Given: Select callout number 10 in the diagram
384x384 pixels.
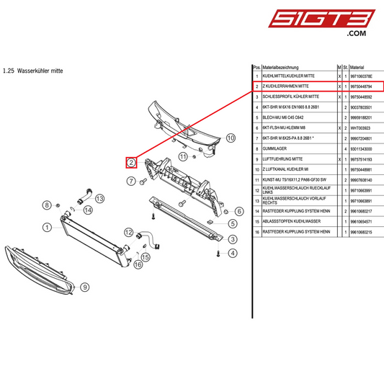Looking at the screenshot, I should [231, 137].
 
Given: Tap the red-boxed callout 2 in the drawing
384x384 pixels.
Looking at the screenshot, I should [131, 162].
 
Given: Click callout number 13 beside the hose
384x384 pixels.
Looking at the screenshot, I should [99, 198].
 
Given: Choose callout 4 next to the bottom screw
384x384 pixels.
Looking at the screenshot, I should [233, 253].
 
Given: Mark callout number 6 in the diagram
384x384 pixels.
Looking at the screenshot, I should [238, 211].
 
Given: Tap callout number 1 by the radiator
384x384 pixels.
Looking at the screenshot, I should [47, 227].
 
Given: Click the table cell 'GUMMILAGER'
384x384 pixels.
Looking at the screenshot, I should [278, 148].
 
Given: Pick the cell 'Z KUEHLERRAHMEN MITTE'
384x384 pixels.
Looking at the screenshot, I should [291, 86].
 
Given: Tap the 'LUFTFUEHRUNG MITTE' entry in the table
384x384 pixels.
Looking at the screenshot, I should [287, 158].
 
